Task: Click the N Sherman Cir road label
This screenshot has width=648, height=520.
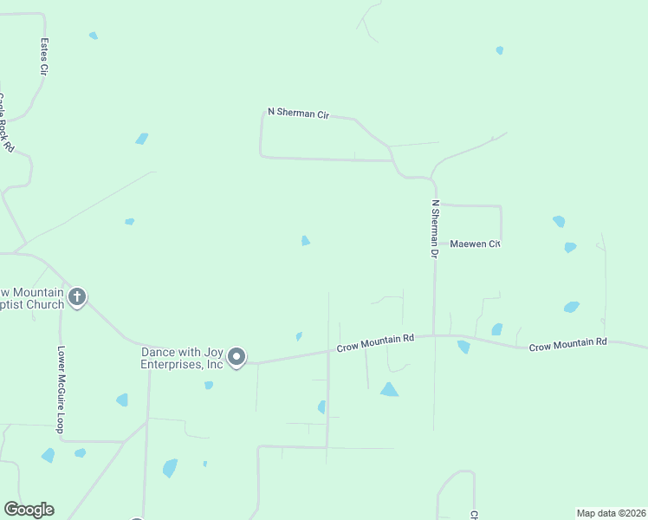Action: click(x=298, y=113)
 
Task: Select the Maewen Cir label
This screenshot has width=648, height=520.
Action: click(x=475, y=244)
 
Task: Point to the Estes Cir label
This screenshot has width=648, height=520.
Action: click(x=43, y=55)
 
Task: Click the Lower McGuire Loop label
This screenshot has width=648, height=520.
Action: click(x=61, y=390)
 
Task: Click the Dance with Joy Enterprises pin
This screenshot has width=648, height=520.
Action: click(x=237, y=357)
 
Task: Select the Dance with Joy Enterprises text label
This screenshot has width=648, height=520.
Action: click(x=184, y=359)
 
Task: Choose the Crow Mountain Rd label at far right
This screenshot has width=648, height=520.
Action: click(x=567, y=345)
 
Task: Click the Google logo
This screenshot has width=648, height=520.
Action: click(x=29, y=510)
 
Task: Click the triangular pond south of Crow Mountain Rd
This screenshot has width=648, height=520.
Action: click(x=389, y=390)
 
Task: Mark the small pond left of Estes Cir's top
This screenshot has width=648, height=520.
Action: click(x=94, y=36)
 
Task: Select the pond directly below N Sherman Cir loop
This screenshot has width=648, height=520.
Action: click(x=305, y=241)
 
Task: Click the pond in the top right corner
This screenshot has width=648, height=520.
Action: click(x=500, y=50)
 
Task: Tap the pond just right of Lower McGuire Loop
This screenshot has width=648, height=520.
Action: click(x=122, y=400)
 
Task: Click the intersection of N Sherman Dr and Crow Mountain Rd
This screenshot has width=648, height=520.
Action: click(x=435, y=335)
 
